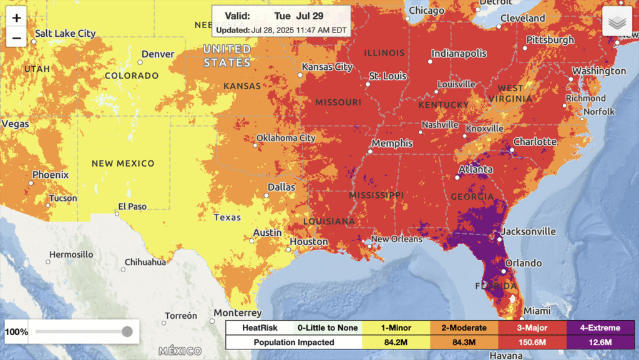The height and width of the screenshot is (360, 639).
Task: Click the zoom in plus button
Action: pyautogui.click(x=16, y=17)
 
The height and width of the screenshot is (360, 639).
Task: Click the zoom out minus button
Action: pyautogui.click(x=16, y=37)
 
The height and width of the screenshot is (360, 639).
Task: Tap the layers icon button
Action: pyautogui.click(x=617, y=22)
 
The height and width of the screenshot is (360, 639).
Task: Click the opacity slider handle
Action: pyautogui.click(x=127, y=331)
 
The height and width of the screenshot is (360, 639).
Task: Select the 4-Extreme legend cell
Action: pyautogui.click(x=600, y=328)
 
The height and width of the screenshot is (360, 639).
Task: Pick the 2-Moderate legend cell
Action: pyautogui.click(x=463, y=328)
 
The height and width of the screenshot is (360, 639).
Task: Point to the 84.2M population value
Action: pyautogui.click(x=396, y=342)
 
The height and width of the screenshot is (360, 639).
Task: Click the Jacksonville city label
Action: pyautogui.click(x=529, y=231)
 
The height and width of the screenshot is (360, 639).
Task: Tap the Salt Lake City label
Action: pyautogui.click(x=66, y=33)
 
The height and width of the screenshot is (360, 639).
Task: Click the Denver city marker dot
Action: pyautogui.click(x=138, y=62)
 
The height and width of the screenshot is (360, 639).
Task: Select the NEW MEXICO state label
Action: pyautogui.click(x=123, y=163)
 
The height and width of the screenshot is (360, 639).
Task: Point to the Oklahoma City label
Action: pyautogui.click(x=286, y=138)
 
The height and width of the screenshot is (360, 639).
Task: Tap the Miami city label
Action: pyautogui.click(x=537, y=311)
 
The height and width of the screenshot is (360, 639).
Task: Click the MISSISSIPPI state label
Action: pyautogui.click(x=376, y=195)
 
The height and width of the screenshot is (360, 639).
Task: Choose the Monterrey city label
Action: pyautogui.click(x=237, y=313)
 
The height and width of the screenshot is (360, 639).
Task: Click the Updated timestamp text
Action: pyautogui.click(x=281, y=29)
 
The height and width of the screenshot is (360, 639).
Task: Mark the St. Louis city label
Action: pyautogui.click(x=388, y=76)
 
